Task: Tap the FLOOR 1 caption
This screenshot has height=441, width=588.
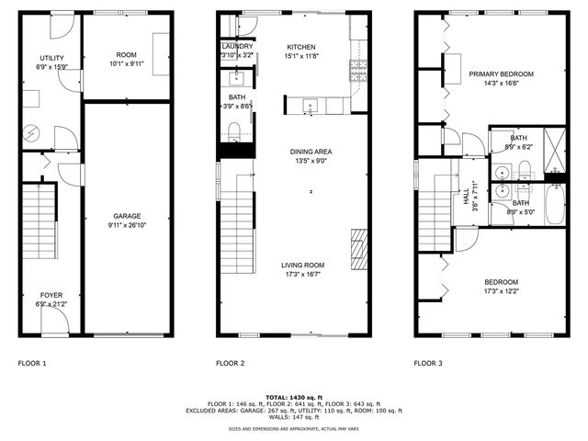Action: point(32,364)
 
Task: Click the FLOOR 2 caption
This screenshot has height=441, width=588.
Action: point(230,364)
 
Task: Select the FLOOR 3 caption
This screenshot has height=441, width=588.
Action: point(427,364)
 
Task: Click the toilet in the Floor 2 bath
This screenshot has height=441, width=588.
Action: point(233,130)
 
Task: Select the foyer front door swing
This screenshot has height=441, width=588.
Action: point(57,321)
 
